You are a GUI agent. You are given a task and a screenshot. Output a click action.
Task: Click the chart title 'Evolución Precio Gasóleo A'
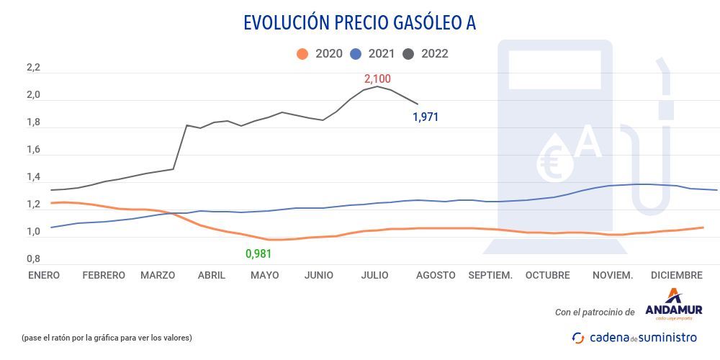pyautogui.click(x=359, y=23)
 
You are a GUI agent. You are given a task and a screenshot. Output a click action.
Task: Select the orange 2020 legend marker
pyautogui.click(x=302, y=54)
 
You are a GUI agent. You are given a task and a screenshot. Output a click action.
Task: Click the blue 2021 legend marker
pyautogui.click(x=355, y=54)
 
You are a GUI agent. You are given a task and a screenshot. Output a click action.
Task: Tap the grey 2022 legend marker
pyautogui.click(x=408, y=54)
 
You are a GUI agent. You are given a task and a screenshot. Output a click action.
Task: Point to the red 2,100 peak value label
pyautogui.click(x=377, y=78)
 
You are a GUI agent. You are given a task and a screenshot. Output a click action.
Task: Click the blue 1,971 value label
pyautogui.click(x=426, y=117)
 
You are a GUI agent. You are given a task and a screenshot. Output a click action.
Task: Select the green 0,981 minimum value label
pyautogui.click(x=259, y=253)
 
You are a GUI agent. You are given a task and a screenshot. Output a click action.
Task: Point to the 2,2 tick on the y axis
pyautogui.click(x=33, y=68)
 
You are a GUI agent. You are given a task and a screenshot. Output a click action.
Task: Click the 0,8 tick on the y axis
pyautogui.click(x=33, y=259)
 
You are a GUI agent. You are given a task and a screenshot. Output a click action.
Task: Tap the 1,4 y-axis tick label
pyautogui.click(x=33, y=177)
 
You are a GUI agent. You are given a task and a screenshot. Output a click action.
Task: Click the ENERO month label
pyautogui.click(x=45, y=275)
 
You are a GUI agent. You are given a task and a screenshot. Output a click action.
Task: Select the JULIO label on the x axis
pyautogui.click(x=374, y=275)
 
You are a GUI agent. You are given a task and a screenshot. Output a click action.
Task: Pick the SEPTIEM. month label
pyautogui.click(x=490, y=275)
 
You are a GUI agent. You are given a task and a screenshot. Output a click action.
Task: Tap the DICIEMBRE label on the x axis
pyautogui.click(x=676, y=275)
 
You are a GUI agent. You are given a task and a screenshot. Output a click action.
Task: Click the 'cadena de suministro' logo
pyautogui.click(x=634, y=337)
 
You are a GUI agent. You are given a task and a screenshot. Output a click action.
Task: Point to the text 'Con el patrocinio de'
pyautogui.click(x=595, y=312)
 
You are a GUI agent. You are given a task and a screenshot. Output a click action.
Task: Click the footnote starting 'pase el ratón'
pyautogui.click(x=107, y=337)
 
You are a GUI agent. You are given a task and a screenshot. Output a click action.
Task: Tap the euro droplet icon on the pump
pyautogui.click(x=555, y=158)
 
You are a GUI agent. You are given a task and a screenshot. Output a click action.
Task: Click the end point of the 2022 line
pyautogui.click(x=418, y=104)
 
